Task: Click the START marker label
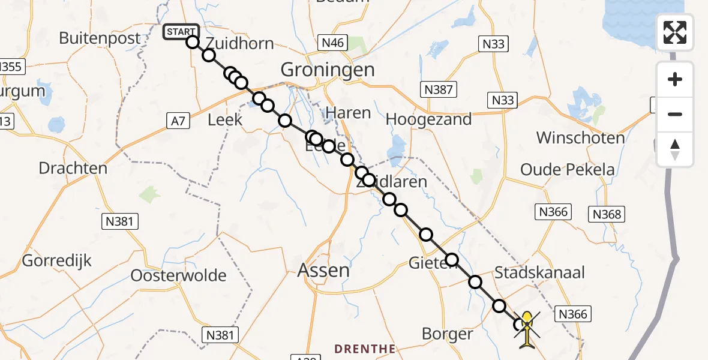point(180,32)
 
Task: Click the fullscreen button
point(675,32)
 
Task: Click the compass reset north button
point(675,149)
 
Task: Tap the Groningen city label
point(328,70)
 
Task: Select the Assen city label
point(323,270)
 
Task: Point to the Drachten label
point(73,168)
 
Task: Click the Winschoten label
point(580,137)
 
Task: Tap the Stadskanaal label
point(539,272)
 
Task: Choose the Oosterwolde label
point(179,276)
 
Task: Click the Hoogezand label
point(428,119)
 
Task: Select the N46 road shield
point(334,42)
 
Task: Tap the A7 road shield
point(178,121)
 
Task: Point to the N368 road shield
point(608,214)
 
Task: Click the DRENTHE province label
point(365,349)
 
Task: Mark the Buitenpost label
point(100,38)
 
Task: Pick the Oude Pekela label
point(568,170)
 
